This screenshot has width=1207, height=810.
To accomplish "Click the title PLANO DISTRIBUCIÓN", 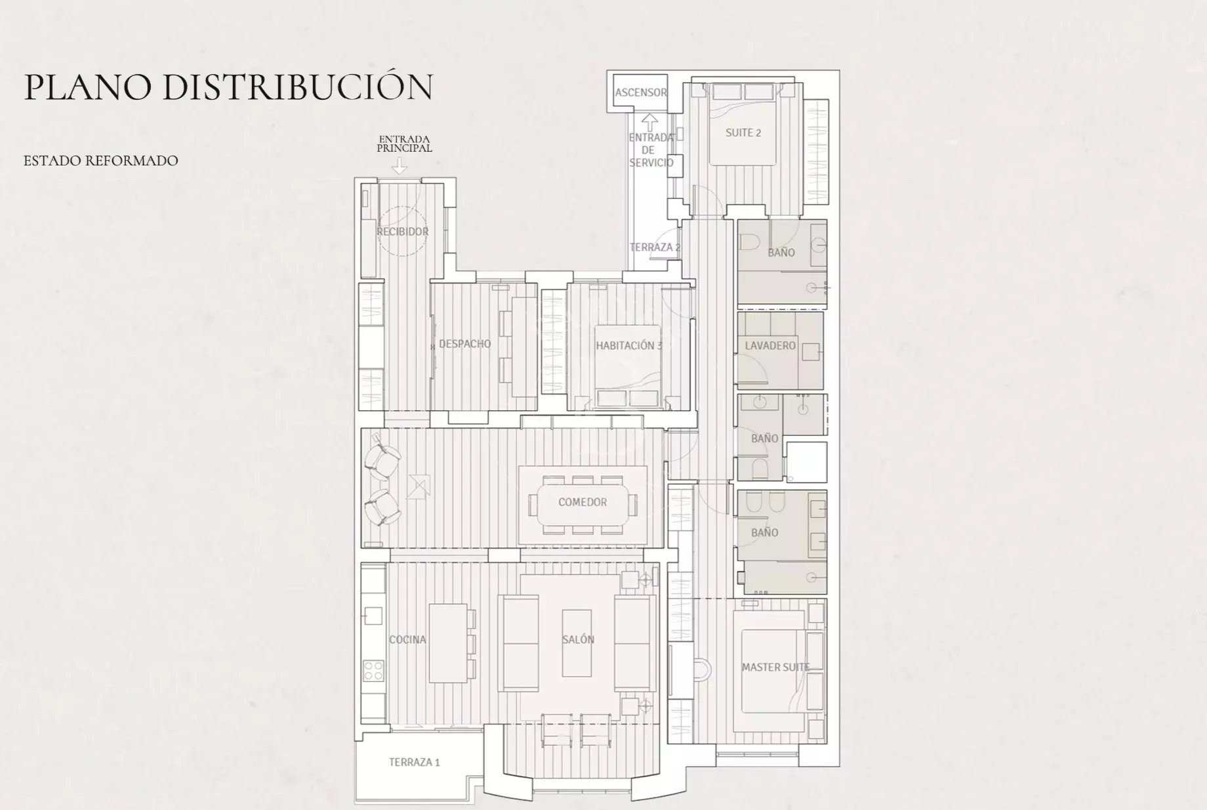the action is pos(228,87).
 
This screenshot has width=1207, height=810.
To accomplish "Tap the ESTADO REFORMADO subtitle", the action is pos(101,161).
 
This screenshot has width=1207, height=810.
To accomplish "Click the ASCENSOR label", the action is pos(641,93).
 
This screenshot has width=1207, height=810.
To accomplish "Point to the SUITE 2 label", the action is pos(743,133).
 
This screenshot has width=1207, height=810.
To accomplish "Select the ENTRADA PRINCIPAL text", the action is pos(404,144).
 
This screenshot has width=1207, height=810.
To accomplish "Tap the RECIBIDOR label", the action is pos(402,232).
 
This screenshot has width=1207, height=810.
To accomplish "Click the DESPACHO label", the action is pos(464,343).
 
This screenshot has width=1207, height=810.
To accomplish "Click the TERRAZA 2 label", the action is pos(655,247).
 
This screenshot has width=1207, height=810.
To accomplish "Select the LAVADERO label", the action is pos(770,345).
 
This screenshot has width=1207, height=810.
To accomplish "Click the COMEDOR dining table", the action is pos(583,502).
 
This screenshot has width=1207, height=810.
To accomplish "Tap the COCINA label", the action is pos(407,639).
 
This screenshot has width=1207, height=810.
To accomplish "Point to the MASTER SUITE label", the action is pos(775,667).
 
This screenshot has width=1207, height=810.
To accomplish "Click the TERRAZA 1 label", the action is pos(414,762).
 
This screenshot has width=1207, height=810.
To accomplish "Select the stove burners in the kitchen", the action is pos(374,670).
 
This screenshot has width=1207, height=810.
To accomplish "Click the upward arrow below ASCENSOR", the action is pos(649,123).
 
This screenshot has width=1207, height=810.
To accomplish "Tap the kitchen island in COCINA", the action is pos(447,643).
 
